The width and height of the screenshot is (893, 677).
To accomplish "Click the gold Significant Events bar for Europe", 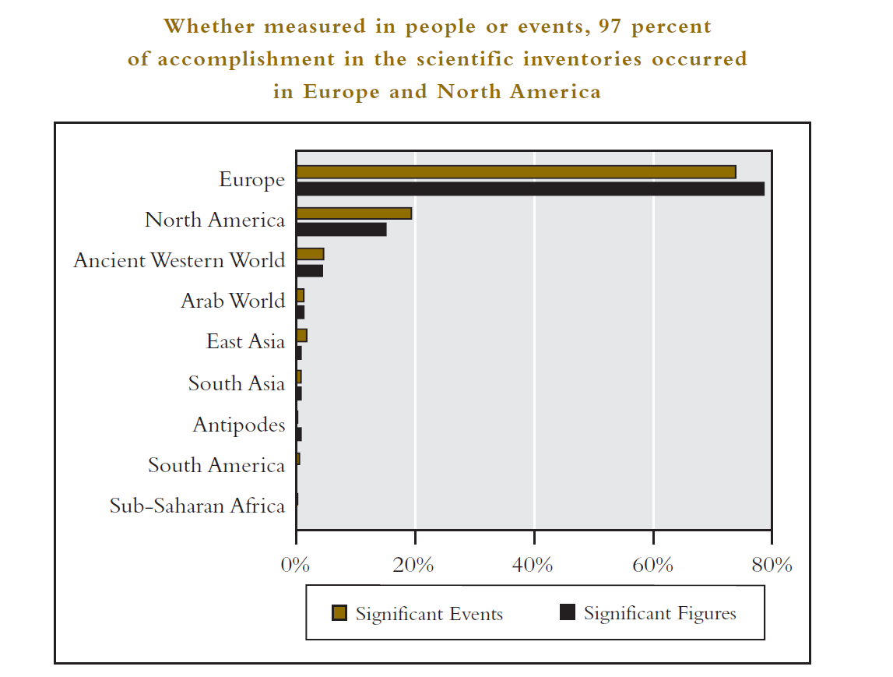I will pos(515,172).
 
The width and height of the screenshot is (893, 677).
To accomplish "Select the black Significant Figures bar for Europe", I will pos(529,189).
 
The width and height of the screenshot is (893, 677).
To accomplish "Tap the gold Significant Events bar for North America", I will pos(353,213).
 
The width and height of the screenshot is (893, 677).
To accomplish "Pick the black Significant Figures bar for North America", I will pos(341,229).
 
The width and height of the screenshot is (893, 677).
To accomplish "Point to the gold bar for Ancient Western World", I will pos(310,254).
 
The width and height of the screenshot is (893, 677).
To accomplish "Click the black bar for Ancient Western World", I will pos(309,270).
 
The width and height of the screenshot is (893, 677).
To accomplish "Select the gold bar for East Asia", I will pos(301,336).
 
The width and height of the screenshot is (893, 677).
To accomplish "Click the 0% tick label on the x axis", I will pos(296,565).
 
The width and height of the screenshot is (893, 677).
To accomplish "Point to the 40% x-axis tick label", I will pos(533,565).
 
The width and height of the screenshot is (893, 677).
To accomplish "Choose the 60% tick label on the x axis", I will pos(652,565).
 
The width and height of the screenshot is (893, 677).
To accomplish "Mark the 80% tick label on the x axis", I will pos(772,565).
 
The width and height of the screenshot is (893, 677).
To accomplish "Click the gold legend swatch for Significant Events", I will pos(339,613).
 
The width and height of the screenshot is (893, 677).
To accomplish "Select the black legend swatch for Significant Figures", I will pos(568,613).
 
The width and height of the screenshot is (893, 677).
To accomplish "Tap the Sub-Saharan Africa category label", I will pos(197,506).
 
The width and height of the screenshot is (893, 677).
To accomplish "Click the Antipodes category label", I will pos(239,425).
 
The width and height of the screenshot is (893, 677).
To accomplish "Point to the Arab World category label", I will pos(233,301).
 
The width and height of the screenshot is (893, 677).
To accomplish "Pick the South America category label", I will pos(216,466).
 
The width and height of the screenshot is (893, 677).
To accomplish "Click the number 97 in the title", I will pos(610,26).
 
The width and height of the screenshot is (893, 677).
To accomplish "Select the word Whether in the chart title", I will pos(209,26).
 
